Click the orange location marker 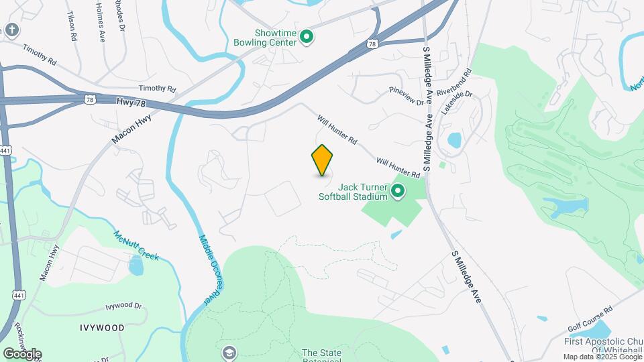coord(323,160)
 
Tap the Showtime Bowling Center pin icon coord(307,37)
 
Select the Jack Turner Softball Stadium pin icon coord(398,192)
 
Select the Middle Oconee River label coord(210,267)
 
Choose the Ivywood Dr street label coord(124,306)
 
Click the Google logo coord(22,353)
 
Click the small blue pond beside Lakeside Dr coord(454,140)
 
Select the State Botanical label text coord(322,353)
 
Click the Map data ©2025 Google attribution coord(601,357)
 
